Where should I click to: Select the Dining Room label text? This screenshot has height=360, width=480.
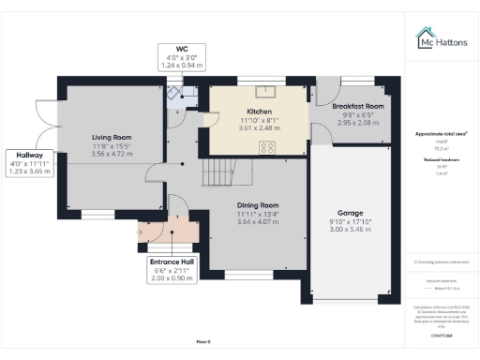coord(257,204)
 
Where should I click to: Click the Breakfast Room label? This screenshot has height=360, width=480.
coord(358,107)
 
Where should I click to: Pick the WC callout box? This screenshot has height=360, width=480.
coord(181,58)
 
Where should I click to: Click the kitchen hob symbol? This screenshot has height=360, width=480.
coord(267,145)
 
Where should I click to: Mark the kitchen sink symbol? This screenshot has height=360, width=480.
coord(263,91)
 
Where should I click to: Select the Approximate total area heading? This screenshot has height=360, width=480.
coord(441,134)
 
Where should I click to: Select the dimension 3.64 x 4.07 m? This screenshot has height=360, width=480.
coord(257,222)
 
